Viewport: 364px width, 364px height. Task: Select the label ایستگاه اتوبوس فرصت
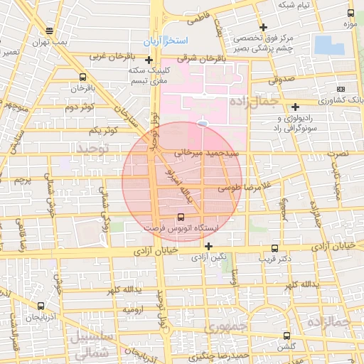182,230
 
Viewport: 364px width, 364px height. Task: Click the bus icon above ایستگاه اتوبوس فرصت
181,217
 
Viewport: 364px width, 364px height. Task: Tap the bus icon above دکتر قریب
275,248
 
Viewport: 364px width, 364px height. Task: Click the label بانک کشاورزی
339,100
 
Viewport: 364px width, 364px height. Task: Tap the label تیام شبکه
295,6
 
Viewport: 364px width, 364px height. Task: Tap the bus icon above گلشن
287,336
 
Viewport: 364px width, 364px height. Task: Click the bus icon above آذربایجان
40,306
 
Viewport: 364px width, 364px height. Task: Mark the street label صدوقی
282,80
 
